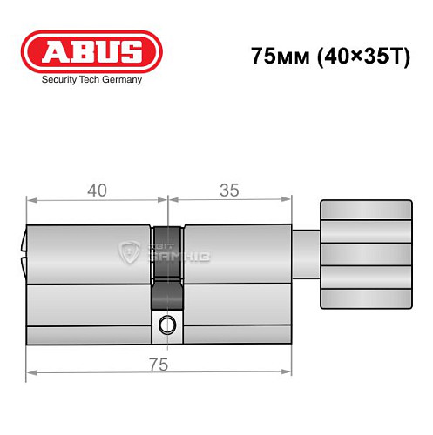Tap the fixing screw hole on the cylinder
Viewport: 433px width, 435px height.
[166, 326]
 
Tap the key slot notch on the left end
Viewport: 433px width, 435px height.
[24, 252]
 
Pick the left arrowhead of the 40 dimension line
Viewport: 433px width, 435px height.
[30, 204]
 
